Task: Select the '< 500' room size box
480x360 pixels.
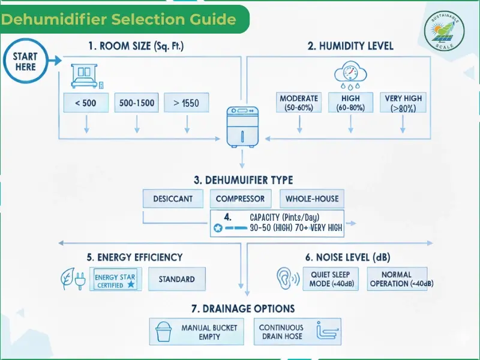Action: coord(86,103)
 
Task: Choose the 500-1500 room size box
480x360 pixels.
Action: coord(137,103)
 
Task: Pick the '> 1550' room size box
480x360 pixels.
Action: coord(186,103)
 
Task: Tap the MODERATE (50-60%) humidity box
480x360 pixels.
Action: coord(299,103)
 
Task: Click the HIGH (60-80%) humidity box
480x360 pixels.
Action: coord(350,103)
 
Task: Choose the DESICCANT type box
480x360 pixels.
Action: coord(173,199)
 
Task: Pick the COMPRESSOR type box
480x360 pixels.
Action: coord(240,199)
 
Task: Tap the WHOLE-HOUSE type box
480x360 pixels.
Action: coord(312,199)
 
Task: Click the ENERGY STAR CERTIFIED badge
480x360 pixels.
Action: coord(116,280)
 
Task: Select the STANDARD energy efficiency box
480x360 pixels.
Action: coord(176,279)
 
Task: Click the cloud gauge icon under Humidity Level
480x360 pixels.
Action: coord(350,76)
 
